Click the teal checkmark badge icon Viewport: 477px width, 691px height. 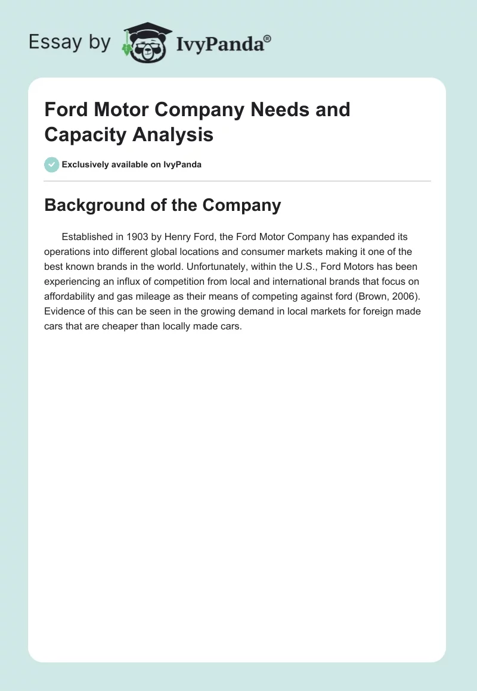[52, 164]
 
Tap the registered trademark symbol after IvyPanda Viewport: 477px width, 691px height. [268, 38]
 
